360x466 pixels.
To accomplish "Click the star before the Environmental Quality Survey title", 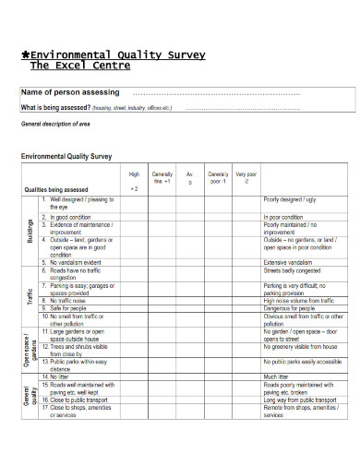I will pyautogui.click(x=25, y=54).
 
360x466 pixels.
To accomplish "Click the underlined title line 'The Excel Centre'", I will pyautogui.click(x=80, y=66).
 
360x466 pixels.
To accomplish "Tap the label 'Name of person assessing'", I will pyautogui.click(x=70, y=92).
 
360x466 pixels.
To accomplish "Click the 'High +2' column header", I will pyautogui.click(x=134, y=180).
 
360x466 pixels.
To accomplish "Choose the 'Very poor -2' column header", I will pyautogui.click(x=246, y=177).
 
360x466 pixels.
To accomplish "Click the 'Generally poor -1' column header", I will pyautogui.click(x=218, y=177).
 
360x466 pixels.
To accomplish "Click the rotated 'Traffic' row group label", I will pyautogui.click(x=30, y=296).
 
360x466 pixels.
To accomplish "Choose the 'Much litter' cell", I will pyautogui.click(x=277, y=376).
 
